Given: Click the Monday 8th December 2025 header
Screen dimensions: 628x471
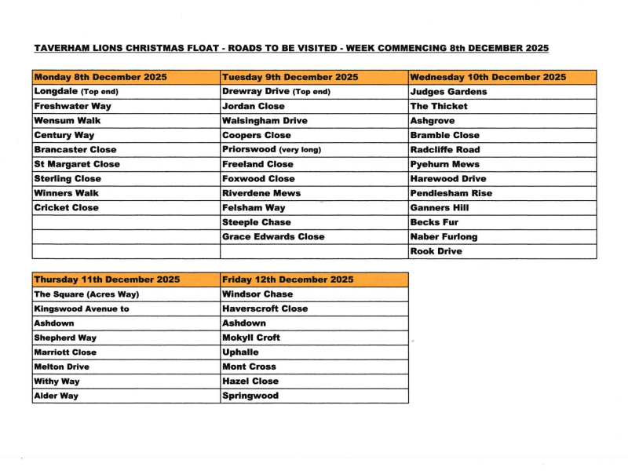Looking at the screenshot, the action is click(100, 77).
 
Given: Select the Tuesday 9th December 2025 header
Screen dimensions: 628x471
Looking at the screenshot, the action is click(290, 77).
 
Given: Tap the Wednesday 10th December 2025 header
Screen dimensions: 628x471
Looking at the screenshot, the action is click(487, 77).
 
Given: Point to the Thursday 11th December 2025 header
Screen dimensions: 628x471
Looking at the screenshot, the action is click(107, 279).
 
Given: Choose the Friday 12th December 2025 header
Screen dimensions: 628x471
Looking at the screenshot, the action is click(288, 279).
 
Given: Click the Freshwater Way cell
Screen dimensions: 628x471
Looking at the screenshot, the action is click(73, 106).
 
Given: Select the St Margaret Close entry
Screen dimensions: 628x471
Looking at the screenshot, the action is click(77, 164).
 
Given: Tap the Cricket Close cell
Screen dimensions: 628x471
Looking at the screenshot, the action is click(67, 208).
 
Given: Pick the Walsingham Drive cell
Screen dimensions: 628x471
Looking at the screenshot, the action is click(265, 121).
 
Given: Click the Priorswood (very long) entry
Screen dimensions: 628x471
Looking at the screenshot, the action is click(272, 150).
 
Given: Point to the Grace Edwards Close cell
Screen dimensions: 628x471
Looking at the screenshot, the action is click(273, 237).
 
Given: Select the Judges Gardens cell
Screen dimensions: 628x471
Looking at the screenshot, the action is click(448, 92).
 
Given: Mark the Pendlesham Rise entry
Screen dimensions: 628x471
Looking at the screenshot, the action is click(451, 193).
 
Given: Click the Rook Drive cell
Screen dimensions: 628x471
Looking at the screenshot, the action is click(436, 252).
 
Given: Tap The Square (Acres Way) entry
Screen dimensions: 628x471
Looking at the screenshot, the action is click(86, 294).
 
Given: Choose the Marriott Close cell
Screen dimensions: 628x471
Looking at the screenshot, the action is click(65, 352).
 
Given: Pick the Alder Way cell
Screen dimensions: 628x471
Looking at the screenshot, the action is click(57, 396).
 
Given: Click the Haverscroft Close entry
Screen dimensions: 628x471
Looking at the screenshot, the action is click(265, 309).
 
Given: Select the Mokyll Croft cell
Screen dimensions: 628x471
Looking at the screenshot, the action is click(251, 338).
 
